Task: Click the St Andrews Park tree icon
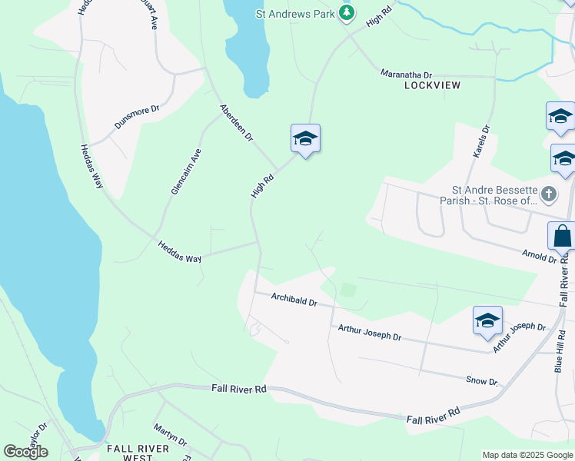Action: [347, 12]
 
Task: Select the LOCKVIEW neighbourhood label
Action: [432, 85]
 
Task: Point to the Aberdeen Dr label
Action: [236, 123]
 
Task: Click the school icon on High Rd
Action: [305, 139]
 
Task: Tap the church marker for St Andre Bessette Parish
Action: [548, 194]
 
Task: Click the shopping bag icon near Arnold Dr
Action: [562, 236]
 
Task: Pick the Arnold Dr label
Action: [539, 256]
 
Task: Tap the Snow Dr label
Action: [482, 381]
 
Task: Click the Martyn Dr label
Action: [170, 435]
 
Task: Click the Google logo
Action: [26, 452]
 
